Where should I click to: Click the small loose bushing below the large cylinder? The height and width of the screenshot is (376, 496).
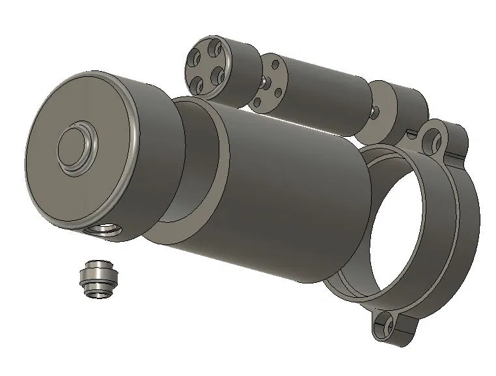tap(98, 279)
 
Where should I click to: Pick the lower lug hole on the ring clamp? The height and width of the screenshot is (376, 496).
tap(389, 326)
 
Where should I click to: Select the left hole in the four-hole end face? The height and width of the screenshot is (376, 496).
tap(192, 59)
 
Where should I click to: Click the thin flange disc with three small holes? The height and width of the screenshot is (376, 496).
tap(266, 85)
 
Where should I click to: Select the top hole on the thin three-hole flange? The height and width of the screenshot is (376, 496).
tap(274, 64)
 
